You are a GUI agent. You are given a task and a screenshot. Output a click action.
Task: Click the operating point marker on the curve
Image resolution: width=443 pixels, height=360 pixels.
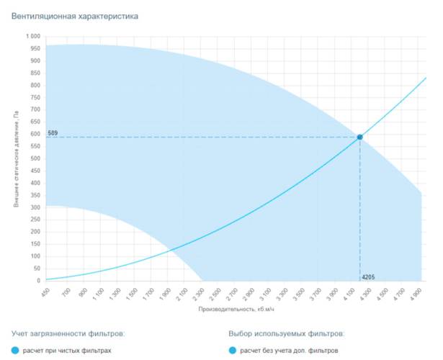click(x=360, y=137)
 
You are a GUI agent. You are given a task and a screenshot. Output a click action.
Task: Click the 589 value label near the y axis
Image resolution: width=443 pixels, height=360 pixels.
click(x=53, y=133)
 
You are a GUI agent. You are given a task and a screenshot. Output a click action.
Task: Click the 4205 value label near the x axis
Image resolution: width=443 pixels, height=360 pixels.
click(x=369, y=276)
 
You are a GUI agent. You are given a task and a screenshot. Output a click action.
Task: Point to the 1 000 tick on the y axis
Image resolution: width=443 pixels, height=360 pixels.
click(x=33, y=36)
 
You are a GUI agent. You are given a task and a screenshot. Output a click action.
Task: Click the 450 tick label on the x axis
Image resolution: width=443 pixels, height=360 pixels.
click(x=45, y=294)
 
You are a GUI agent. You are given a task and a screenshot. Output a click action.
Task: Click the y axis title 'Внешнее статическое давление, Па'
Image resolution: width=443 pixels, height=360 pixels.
click(x=16, y=159)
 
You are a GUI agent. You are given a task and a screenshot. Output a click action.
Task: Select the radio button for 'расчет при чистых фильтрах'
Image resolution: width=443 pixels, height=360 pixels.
click(x=16, y=351)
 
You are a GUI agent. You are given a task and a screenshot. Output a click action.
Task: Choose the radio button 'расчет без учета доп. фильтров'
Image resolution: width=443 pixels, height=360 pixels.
click(x=233, y=351)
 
